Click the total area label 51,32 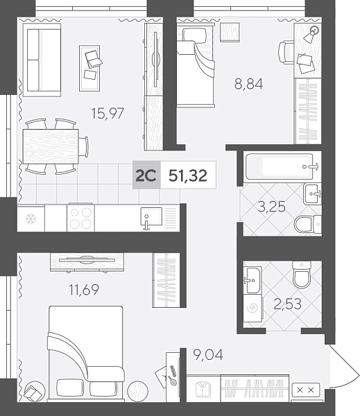point(188,175)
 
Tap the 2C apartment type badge point(146,175)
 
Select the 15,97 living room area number point(108,113)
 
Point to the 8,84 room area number point(248,84)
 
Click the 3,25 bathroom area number point(272,207)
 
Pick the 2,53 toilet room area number point(288,304)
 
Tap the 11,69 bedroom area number point(84,289)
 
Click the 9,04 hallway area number point(208,355)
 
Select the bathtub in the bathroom point(280,166)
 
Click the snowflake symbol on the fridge point(31,219)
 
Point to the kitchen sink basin point(151,216)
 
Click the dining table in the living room point(51,146)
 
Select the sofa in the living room point(42,60)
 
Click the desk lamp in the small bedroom point(311,35)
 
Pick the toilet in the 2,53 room point(302,275)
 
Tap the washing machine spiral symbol point(252,308)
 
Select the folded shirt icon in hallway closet point(203,389)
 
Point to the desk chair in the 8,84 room point(286,52)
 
